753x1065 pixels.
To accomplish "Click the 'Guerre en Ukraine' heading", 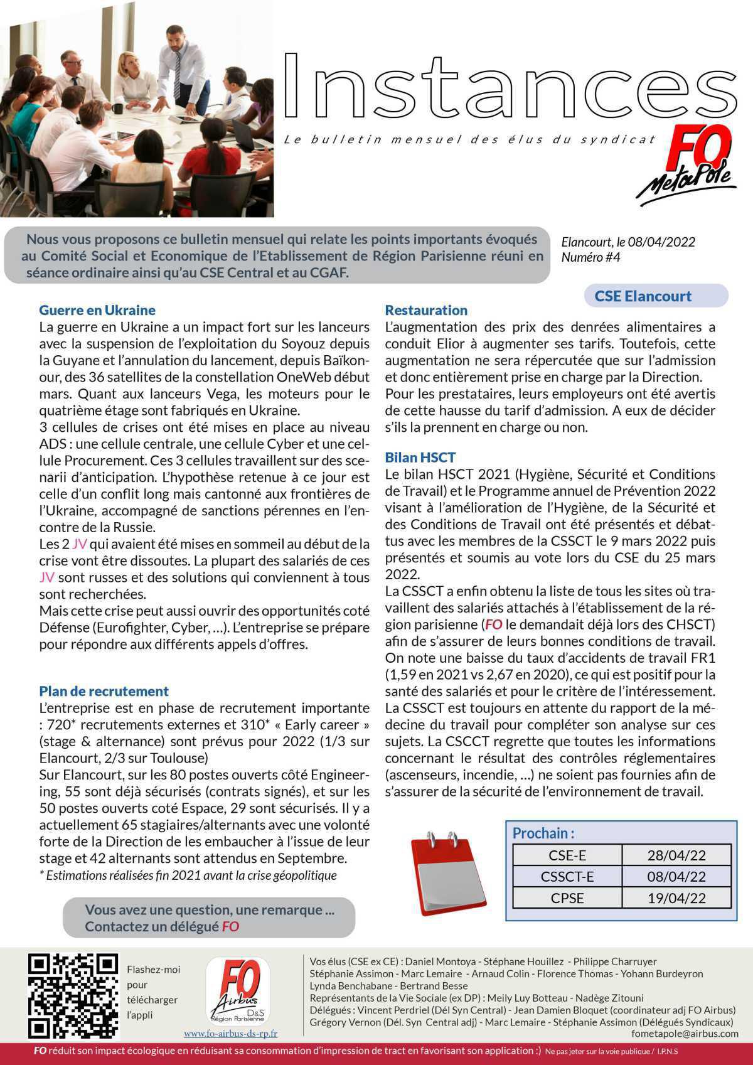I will click(x=97, y=310).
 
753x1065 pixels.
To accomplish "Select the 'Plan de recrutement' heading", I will click(x=104, y=691).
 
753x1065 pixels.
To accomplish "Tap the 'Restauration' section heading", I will click(x=426, y=310).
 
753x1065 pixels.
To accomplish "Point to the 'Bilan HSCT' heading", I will click(x=420, y=457).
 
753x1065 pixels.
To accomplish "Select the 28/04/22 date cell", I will click(x=676, y=855).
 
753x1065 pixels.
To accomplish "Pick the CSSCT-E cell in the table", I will click(x=567, y=876).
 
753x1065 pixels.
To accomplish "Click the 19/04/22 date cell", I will click(x=676, y=897).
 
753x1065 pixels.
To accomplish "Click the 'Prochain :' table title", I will click(x=543, y=833).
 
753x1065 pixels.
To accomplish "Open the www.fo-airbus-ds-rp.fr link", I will click(x=230, y=1033).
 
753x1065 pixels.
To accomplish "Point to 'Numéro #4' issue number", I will click(x=590, y=257).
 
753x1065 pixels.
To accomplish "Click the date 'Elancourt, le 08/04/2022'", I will click(x=628, y=242).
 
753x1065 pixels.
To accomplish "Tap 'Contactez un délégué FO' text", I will click(x=162, y=926).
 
